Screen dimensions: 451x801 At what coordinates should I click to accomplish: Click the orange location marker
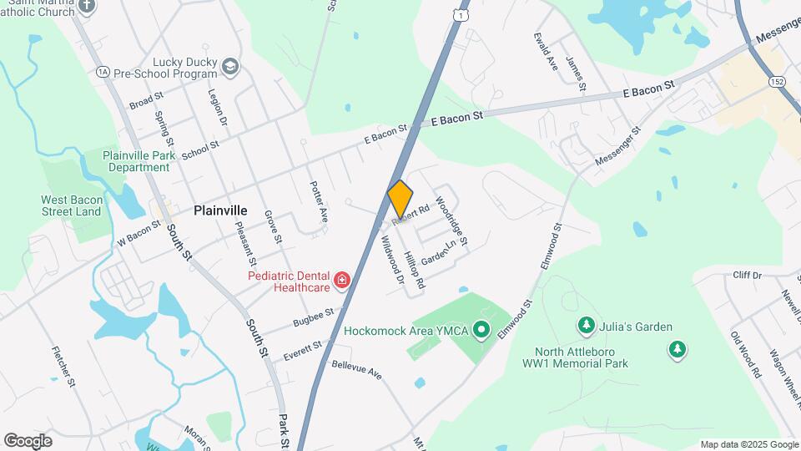pos(400,200)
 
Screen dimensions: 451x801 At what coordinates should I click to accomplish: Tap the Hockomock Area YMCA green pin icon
pos(481,332)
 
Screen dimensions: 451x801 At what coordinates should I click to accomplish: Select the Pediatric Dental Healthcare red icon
pos(340,281)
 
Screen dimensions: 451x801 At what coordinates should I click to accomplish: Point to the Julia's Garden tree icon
pos(587,325)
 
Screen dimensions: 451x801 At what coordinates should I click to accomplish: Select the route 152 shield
pos(778,81)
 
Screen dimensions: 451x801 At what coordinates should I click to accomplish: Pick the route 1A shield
pos(103,72)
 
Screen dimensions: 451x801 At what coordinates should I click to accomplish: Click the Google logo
pos(28,440)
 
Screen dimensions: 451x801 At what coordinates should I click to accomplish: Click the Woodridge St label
pos(453,218)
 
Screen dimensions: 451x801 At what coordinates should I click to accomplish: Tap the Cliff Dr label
pos(747,275)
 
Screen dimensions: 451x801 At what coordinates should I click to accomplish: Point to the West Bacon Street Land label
pos(71,205)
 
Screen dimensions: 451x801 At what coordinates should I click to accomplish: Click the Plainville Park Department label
pos(139,161)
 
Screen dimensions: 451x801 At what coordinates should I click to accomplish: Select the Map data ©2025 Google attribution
pos(748,444)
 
